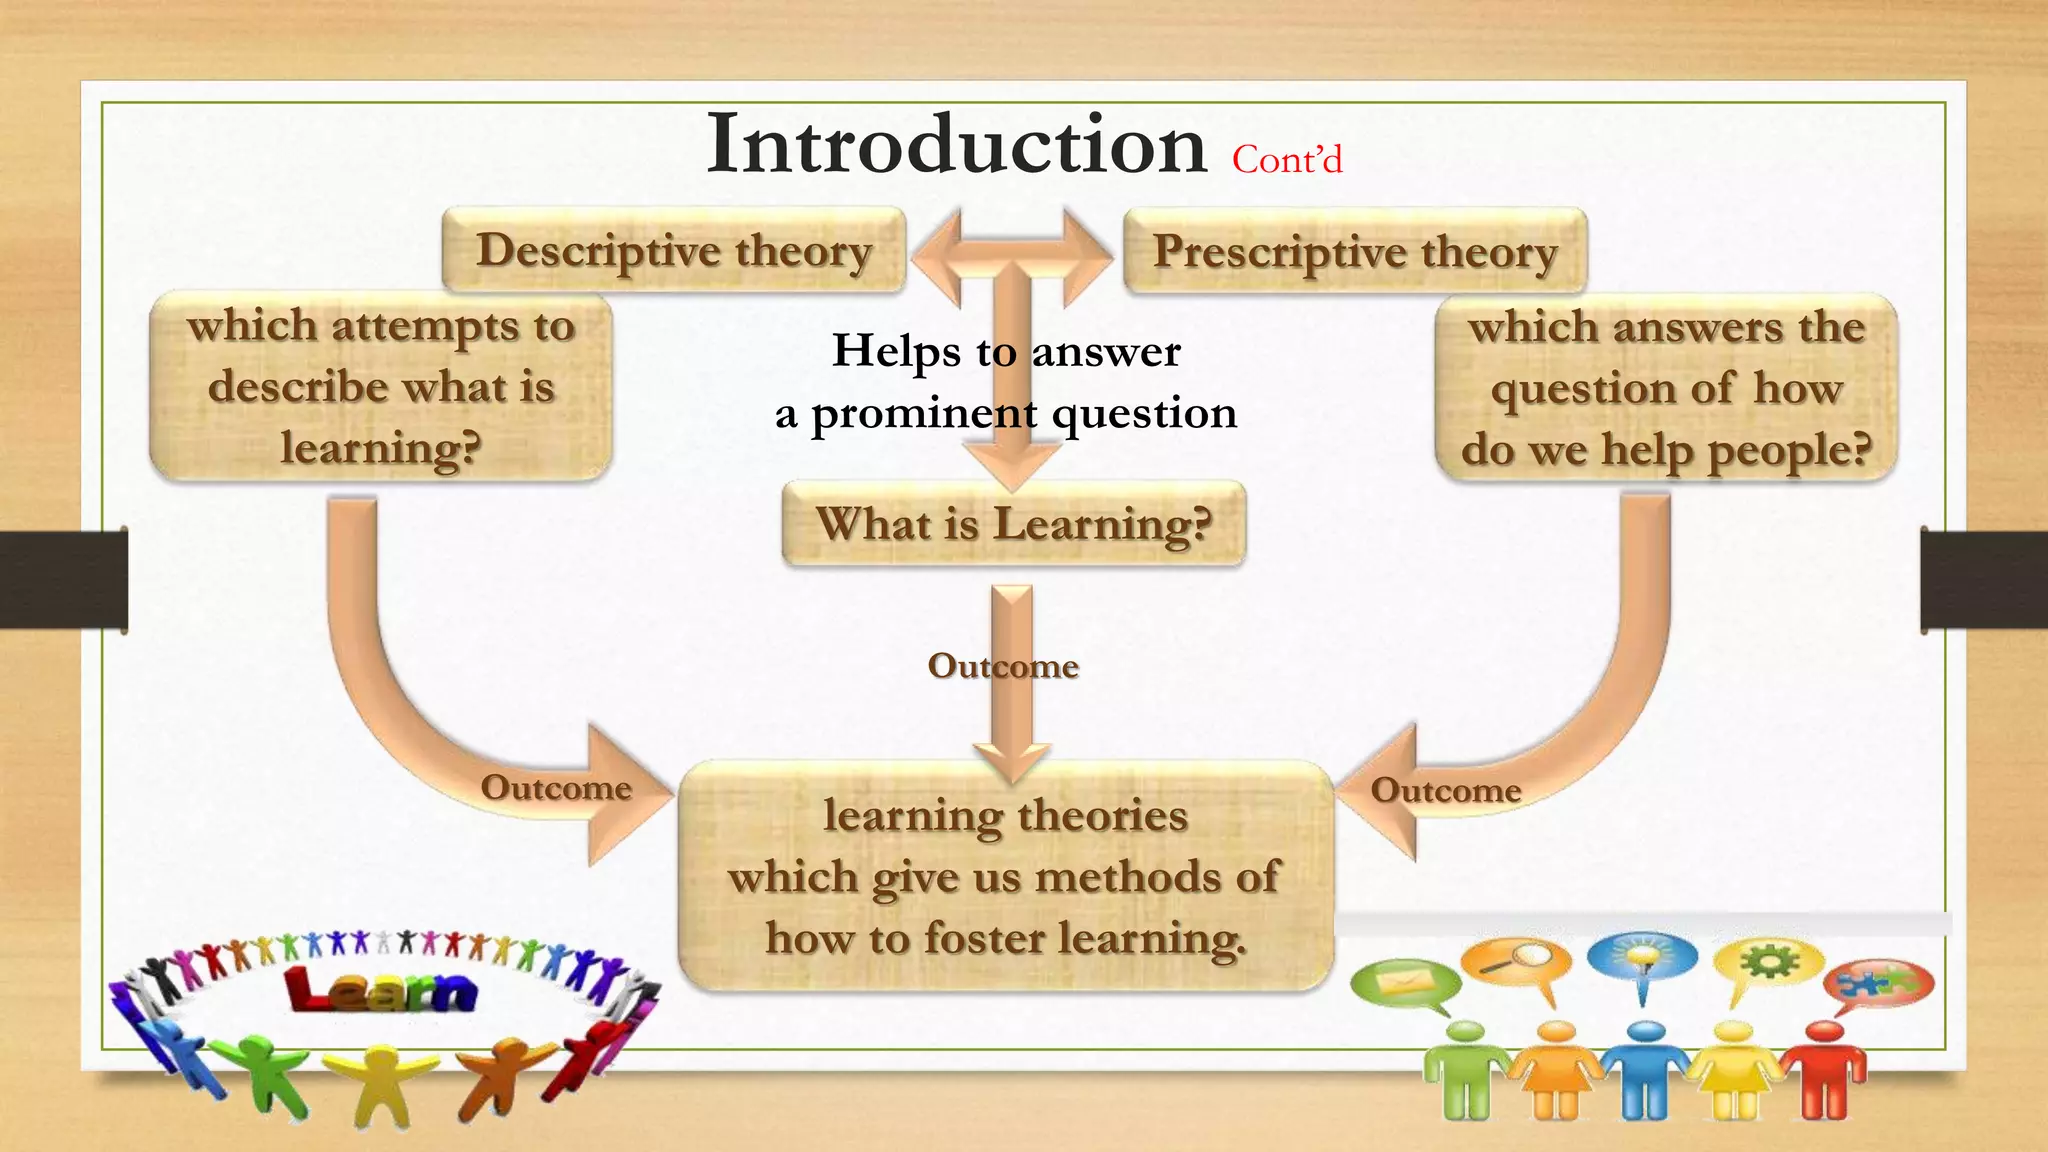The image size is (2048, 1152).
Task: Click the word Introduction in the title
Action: click(956, 146)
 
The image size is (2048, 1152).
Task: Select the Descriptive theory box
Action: click(673, 250)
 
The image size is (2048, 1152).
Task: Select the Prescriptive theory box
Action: click(1354, 251)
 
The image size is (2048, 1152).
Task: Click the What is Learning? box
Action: click(1013, 524)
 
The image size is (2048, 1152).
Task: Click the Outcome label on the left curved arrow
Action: click(556, 788)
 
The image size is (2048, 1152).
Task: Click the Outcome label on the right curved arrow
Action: click(1445, 790)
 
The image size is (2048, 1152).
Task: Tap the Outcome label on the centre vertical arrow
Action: click(1003, 666)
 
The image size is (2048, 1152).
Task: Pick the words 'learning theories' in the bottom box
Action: click(1005, 816)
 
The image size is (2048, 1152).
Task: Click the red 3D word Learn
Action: click(381, 991)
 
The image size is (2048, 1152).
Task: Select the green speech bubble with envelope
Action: click(1403, 983)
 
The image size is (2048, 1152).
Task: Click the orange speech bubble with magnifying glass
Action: click(1515, 962)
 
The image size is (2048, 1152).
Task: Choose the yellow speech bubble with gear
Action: click(1768, 963)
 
